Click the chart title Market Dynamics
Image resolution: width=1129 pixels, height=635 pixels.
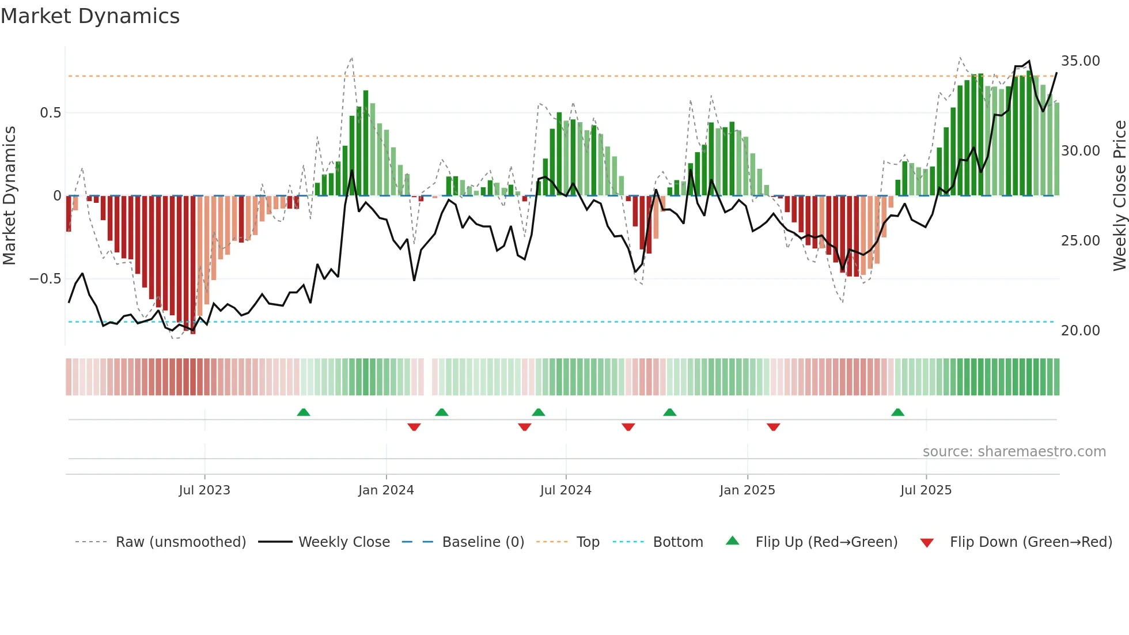pyautogui.click(x=90, y=16)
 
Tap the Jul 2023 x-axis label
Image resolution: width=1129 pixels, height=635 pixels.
pyautogui.click(x=204, y=490)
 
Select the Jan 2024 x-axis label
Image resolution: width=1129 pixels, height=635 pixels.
pyautogui.click(x=386, y=490)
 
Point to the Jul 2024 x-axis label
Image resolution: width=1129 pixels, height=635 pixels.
pyautogui.click(x=566, y=490)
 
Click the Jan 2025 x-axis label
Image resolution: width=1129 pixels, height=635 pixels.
pyautogui.click(x=747, y=490)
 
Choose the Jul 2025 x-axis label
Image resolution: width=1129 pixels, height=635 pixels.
pyautogui.click(x=926, y=490)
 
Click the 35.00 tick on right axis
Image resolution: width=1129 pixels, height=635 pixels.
pyautogui.click(x=1080, y=61)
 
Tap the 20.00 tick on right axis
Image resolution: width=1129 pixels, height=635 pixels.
pyautogui.click(x=1080, y=331)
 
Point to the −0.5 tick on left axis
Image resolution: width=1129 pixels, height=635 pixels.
pyautogui.click(x=45, y=279)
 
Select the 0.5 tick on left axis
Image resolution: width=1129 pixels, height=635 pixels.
pyautogui.click(x=50, y=113)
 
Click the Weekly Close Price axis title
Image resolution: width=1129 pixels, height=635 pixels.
pyautogui.click(x=1119, y=196)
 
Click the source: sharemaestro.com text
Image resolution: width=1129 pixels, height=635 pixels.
pyautogui.click(x=1014, y=452)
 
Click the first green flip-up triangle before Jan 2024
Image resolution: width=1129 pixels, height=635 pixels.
pyautogui.click(x=304, y=412)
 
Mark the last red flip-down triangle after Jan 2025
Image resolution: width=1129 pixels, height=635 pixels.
pyautogui.click(x=773, y=427)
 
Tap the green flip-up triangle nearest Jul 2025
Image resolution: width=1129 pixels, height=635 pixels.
pyautogui.click(x=897, y=412)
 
